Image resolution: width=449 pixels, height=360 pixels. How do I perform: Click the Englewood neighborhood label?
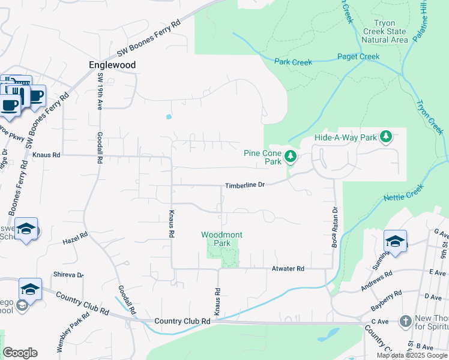pos(112,65)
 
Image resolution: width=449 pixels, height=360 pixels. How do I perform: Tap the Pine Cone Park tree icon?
pos(291,157)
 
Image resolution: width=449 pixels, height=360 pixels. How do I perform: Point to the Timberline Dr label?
pos(245,186)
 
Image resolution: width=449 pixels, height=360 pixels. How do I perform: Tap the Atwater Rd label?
pos(288,269)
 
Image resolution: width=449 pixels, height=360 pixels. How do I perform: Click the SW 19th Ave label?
pos(98,92)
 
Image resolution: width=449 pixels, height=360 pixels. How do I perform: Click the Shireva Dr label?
pos(68,274)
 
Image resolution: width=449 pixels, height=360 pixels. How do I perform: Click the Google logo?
pos(20,353)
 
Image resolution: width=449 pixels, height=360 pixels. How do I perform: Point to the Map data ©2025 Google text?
pos(412,355)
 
